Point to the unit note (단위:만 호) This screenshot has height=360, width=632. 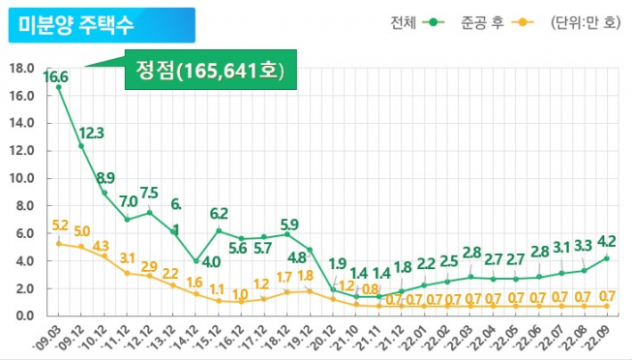pos(582,23)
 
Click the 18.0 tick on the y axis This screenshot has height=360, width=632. pos(20,69)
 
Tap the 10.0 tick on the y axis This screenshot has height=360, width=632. pos(20,179)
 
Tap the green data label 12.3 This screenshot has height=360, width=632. pos(92,133)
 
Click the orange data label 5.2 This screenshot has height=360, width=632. pos(59,225)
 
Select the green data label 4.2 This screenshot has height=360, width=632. pos(607,241)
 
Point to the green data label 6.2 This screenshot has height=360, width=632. pos(219,213)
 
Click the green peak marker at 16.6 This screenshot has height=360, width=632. pos(59,88)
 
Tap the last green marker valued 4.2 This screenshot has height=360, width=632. pos(607,258)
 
